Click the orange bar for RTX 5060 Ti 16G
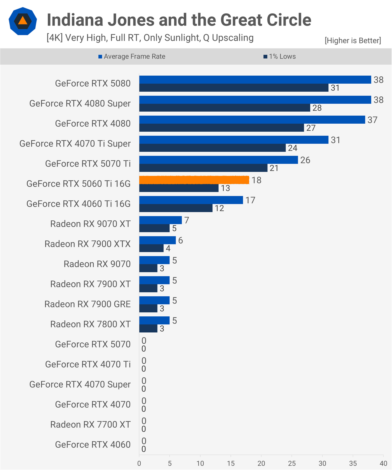click(194, 180)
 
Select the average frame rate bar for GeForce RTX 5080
click(255, 80)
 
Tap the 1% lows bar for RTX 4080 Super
click(225, 108)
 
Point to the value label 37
click(372, 120)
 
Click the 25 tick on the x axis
click(292, 463)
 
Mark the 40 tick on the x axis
click(383, 463)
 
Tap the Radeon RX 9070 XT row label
click(90, 224)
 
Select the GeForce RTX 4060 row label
click(93, 445)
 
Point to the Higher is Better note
click(353, 41)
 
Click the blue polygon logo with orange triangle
click(23, 21)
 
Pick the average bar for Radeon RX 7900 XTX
click(157, 240)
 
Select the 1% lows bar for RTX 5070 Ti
click(203, 168)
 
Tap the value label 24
click(292, 148)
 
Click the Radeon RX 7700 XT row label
click(90, 425)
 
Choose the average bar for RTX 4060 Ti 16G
click(191, 200)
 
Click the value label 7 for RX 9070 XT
click(187, 220)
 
